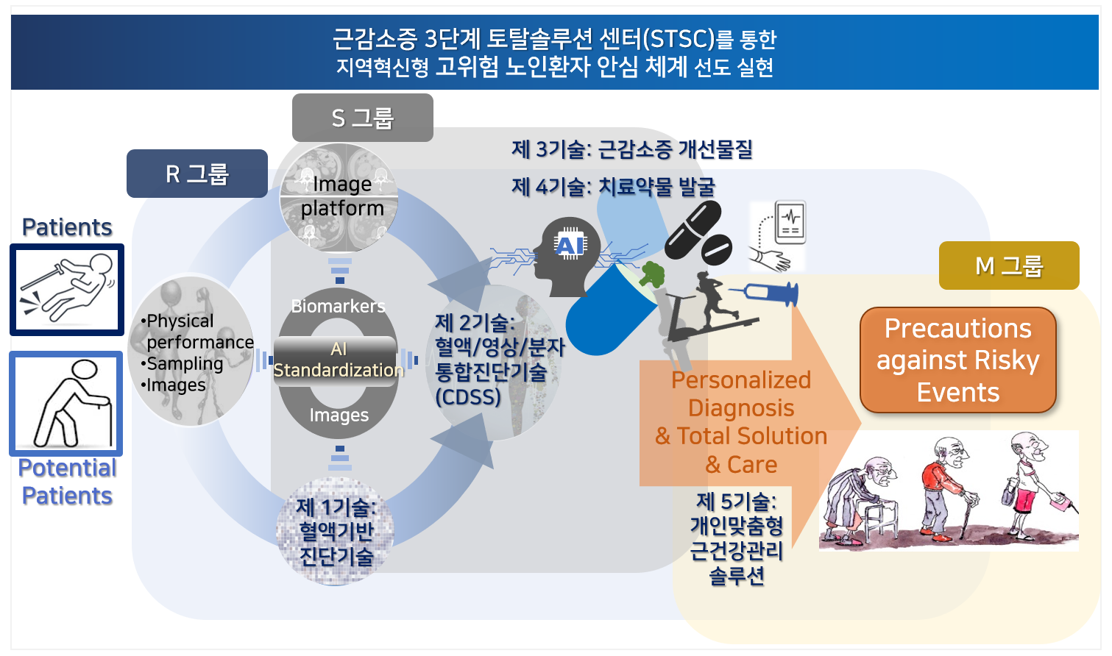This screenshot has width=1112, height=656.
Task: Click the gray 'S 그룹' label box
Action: (x=362, y=118)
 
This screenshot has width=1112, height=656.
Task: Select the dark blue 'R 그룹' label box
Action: (x=196, y=174)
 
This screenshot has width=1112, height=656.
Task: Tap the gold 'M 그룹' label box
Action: (x=1008, y=265)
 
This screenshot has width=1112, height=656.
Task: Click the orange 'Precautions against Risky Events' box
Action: (x=957, y=360)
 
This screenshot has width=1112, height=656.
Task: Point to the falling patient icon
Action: (x=67, y=289)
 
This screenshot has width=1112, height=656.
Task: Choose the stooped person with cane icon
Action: (x=66, y=404)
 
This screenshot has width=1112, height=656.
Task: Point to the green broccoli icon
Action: (x=652, y=274)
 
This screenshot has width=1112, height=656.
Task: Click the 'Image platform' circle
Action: (x=339, y=196)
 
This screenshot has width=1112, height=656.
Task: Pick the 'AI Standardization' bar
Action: (x=337, y=360)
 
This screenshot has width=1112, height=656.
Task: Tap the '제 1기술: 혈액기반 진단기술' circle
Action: (x=336, y=531)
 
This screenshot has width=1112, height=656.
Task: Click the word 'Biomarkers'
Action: (x=338, y=306)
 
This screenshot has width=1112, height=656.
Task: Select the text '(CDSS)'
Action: (x=468, y=397)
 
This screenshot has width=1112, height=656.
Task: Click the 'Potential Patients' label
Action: (x=67, y=482)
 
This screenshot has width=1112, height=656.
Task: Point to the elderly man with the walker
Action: (x=860, y=501)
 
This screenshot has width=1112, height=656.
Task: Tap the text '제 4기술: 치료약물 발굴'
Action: (x=613, y=187)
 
